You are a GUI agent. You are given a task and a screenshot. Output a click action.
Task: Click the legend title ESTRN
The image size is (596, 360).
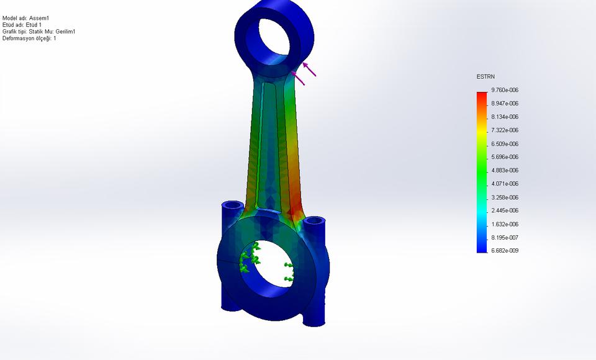[x=485, y=76]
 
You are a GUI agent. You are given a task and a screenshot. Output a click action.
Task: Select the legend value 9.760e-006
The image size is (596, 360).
[x=504, y=90]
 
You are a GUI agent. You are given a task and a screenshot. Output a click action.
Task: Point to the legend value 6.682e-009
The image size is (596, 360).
[x=504, y=251]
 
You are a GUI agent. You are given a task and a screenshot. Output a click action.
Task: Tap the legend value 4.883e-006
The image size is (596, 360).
[x=504, y=170]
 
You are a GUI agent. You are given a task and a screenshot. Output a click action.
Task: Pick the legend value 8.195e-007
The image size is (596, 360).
[x=504, y=238]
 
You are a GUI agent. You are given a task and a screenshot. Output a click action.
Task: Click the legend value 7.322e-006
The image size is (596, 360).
[x=504, y=130]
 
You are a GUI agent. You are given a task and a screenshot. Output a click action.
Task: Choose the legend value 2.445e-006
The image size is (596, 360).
[x=504, y=210]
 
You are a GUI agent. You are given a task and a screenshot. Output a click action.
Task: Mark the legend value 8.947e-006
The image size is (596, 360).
[x=504, y=103]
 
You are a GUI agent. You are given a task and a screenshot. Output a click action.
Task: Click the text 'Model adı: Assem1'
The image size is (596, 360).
[x=25, y=18]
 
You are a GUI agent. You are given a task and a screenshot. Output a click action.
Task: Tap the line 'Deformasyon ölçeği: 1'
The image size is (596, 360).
[x=29, y=38]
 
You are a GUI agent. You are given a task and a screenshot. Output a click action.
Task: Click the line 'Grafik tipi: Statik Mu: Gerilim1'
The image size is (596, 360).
[x=39, y=32]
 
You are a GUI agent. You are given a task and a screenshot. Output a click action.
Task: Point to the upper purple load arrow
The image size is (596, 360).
[x=309, y=69]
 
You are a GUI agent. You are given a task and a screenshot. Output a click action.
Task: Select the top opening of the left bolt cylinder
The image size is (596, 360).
[x=233, y=204]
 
